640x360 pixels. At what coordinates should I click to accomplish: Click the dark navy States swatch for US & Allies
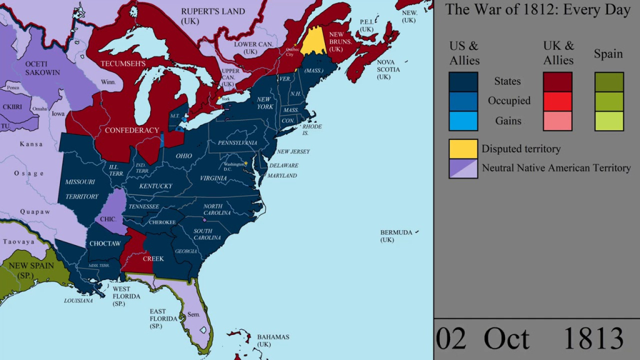point(463,81)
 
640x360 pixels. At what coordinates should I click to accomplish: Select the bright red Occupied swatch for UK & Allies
point(557,101)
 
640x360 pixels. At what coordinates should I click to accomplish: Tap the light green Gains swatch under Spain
point(609,120)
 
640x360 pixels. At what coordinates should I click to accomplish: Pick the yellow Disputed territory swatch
point(463,149)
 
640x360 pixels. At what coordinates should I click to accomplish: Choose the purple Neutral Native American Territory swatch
point(463,168)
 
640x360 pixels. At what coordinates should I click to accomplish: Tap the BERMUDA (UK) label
point(396,236)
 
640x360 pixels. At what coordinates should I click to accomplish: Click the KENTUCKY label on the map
point(156,186)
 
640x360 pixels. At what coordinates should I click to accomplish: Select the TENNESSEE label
point(144,206)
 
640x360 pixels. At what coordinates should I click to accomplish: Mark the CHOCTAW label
point(104,243)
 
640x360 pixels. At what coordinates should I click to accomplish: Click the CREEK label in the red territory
point(153,258)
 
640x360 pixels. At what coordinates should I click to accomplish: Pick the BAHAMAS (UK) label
point(273,341)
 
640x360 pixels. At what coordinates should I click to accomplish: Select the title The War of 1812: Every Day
point(537,10)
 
